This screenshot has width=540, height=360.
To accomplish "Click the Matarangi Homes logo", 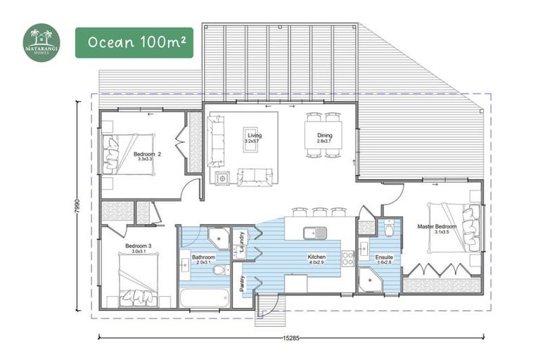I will [41, 42].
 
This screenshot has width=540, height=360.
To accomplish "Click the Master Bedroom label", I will [437, 226].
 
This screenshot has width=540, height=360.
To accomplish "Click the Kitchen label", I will [316, 258].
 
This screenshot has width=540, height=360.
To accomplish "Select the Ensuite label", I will [384, 258].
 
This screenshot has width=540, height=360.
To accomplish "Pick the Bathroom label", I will [203, 258].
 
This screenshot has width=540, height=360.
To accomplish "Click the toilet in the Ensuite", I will [389, 230].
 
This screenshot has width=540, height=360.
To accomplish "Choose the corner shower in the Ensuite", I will [368, 281].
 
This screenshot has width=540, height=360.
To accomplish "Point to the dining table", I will [324, 132].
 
